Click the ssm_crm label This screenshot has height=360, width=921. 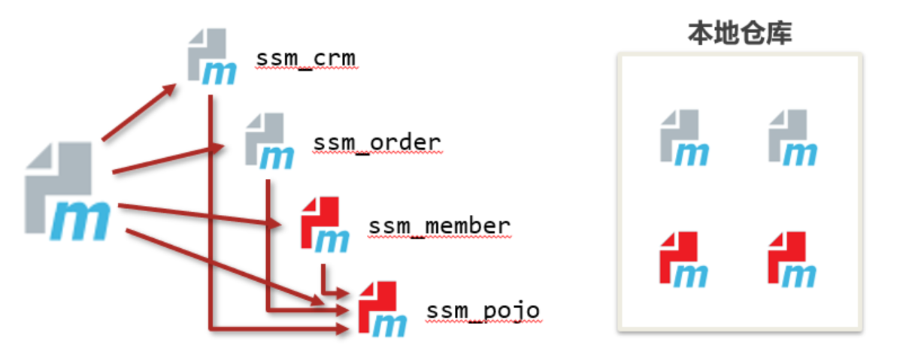coord(305,59)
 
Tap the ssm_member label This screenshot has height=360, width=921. coord(439,225)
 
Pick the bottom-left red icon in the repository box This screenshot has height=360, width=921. coord(685,259)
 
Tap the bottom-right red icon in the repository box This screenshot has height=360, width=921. coord(792,259)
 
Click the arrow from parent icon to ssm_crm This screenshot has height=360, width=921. coord(139,113)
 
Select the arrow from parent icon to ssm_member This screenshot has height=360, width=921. coord(195,214)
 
